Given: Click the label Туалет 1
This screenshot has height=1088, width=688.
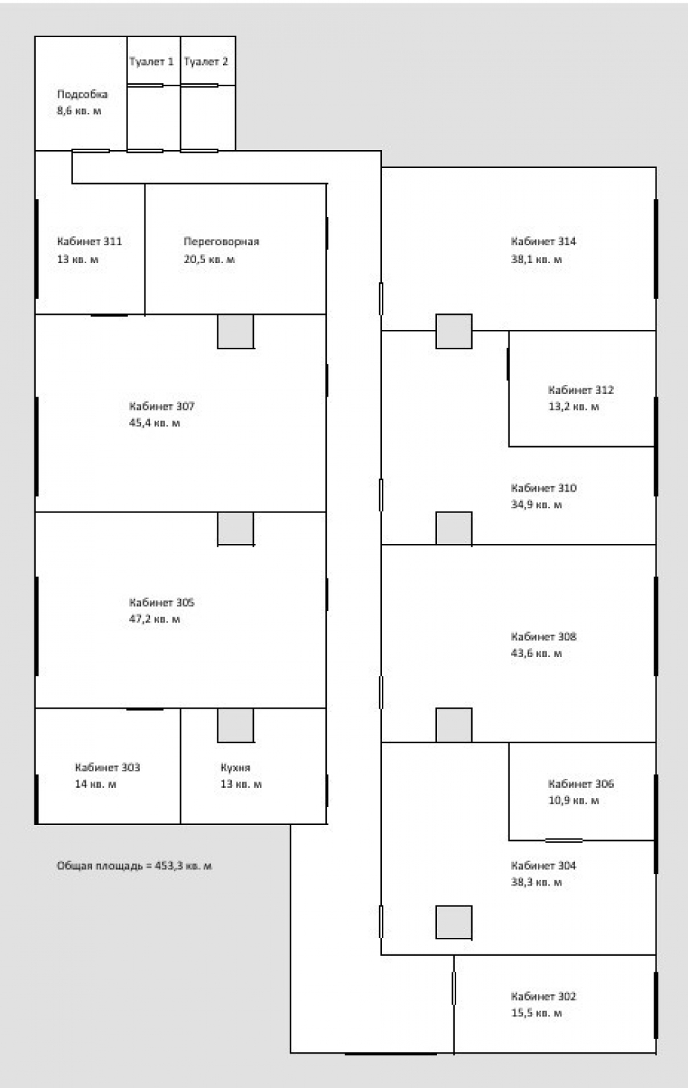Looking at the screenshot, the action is [x=151, y=62].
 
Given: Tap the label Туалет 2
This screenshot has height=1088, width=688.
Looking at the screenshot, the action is [x=206, y=62].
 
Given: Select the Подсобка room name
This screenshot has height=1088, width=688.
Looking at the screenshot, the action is [x=82, y=94].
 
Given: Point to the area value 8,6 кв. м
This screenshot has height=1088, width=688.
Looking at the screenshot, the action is [x=79, y=111].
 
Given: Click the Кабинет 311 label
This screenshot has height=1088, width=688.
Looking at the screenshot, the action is [x=89, y=242].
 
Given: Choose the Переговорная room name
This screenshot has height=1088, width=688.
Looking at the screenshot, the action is [x=222, y=242].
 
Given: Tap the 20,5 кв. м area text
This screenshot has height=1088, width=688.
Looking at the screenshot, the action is [x=209, y=259].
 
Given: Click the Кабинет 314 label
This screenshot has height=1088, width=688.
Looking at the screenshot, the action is [x=544, y=242].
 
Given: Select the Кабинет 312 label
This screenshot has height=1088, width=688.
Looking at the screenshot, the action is [x=581, y=390].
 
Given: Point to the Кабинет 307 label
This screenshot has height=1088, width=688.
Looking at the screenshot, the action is [x=162, y=406].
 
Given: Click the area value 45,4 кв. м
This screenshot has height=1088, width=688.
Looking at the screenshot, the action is [x=154, y=423].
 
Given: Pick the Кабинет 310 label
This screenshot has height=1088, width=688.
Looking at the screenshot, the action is [x=544, y=488].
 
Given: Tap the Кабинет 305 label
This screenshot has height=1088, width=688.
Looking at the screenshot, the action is [x=162, y=603].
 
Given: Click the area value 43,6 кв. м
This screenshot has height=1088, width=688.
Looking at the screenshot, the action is [x=536, y=653].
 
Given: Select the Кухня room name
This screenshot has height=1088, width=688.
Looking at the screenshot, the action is [x=235, y=767].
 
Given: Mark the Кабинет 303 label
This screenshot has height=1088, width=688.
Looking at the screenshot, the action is [x=107, y=767].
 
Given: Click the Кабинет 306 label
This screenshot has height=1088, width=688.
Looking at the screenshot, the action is [x=581, y=784].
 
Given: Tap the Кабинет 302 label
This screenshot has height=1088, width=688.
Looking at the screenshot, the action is [x=544, y=996].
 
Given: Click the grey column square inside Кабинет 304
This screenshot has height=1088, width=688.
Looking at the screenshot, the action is [x=453, y=922].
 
